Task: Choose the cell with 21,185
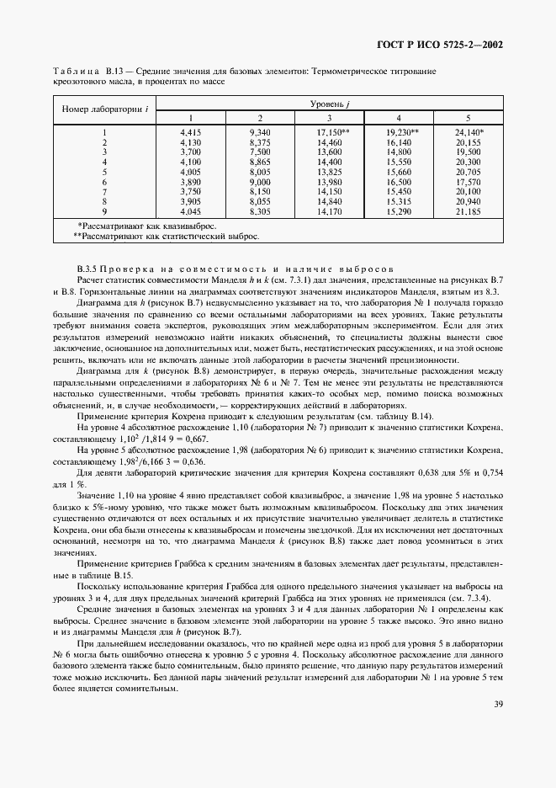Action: (x=467, y=211)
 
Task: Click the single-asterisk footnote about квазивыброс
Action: (x=135, y=226)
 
